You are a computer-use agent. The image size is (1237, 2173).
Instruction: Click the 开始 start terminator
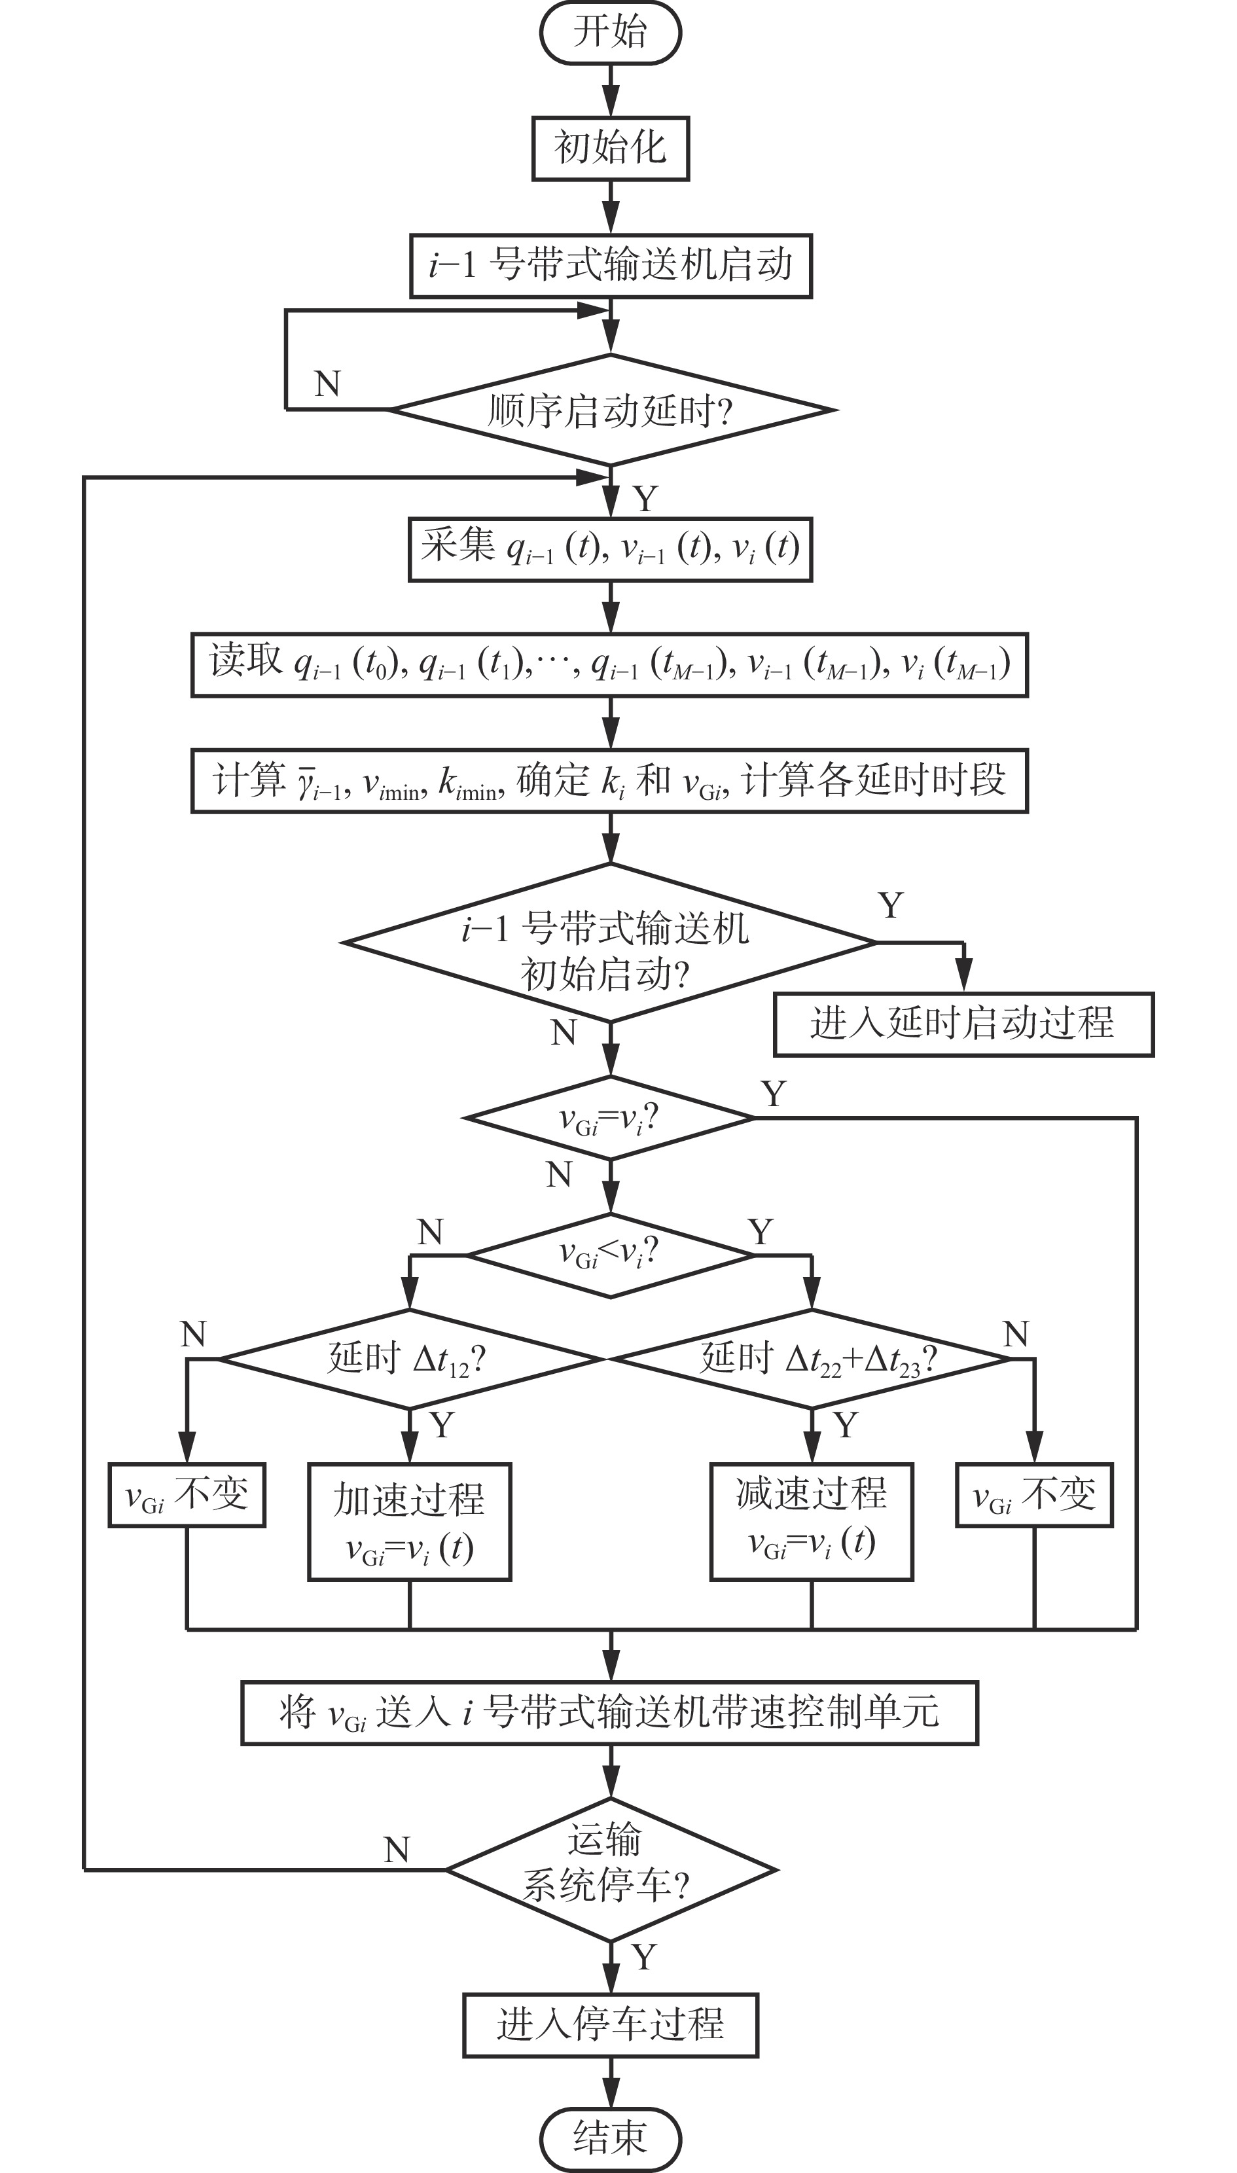point(610,32)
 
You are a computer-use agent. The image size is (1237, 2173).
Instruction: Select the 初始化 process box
point(610,148)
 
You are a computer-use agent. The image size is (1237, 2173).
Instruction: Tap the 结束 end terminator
point(610,2138)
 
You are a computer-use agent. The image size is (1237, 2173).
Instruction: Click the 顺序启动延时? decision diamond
point(610,410)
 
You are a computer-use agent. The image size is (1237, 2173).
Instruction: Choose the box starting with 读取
point(609,664)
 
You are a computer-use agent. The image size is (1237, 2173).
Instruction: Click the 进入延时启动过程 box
point(963,1024)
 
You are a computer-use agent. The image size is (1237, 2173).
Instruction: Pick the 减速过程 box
point(812,1520)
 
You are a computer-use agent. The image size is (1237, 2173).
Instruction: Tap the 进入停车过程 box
point(610,2025)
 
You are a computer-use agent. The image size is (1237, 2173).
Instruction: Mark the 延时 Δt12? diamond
point(410,1359)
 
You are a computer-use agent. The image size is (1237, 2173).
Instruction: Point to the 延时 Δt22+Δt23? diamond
point(812,1359)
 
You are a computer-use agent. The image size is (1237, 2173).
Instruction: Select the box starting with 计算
point(609,781)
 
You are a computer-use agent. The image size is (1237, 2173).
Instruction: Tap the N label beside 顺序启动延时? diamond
point(327,384)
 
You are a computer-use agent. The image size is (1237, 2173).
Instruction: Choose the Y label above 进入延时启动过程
point(890,906)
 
